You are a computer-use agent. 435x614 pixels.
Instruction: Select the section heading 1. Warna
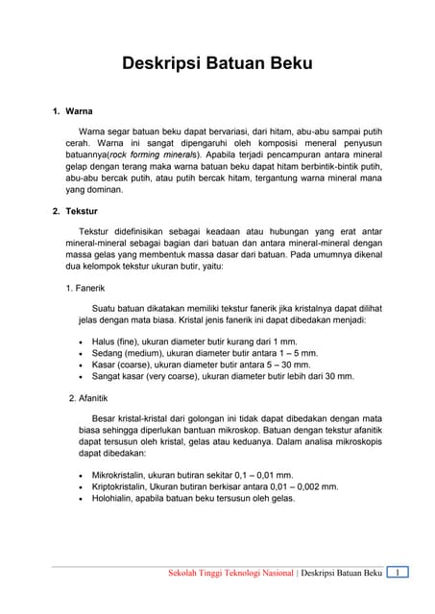click(72, 111)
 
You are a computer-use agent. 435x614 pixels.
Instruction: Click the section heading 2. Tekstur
click(75, 210)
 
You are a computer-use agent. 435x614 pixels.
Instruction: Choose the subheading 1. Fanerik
click(85, 288)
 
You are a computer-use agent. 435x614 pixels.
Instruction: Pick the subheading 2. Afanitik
click(87, 397)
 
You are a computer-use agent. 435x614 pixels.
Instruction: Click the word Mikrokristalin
click(122, 475)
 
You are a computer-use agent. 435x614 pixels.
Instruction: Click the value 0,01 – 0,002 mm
click(299, 486)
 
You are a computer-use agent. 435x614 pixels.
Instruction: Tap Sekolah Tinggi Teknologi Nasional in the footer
click(230, 574)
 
